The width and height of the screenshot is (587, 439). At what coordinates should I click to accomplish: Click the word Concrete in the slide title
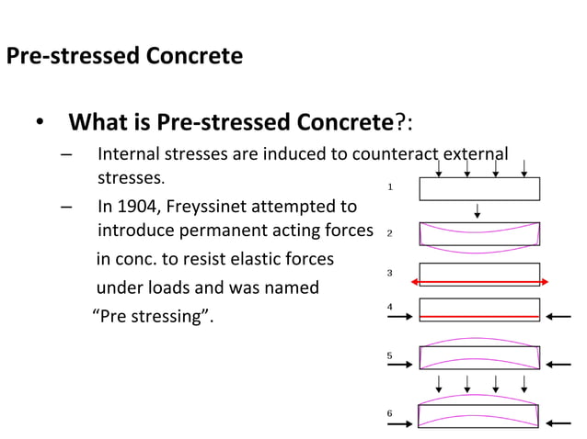193,56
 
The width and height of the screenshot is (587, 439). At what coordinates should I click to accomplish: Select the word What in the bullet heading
100,122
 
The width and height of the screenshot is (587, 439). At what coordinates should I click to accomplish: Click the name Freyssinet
213,207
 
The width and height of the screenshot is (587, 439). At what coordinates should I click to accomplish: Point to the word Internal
129,153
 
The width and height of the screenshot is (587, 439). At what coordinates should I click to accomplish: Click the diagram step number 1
390,187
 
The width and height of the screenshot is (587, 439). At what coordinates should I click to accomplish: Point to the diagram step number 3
390,273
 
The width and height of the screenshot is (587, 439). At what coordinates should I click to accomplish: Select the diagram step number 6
390,413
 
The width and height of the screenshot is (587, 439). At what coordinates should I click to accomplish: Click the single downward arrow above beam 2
478,211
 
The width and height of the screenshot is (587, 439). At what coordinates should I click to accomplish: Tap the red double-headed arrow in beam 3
479,281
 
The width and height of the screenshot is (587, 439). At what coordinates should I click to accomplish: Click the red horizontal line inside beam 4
479,316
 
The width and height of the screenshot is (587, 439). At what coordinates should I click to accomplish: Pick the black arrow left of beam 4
400,317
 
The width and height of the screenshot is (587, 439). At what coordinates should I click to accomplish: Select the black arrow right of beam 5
558,365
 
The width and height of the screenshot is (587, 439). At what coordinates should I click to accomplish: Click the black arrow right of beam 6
558,423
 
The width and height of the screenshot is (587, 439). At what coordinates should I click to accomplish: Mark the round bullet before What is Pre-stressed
39,123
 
